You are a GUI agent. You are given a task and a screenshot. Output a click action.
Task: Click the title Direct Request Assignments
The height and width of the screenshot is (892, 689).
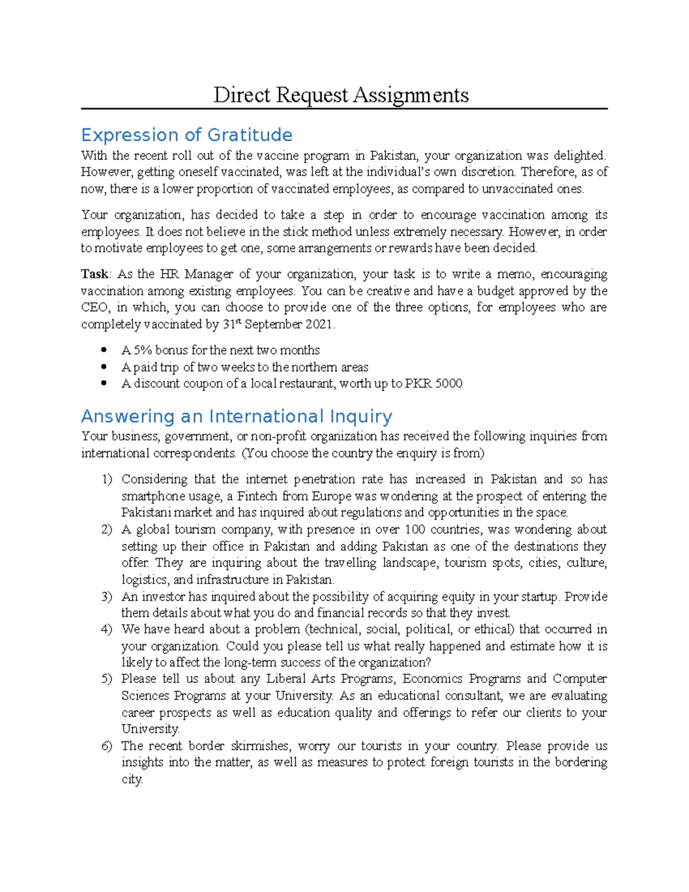pos(341,95)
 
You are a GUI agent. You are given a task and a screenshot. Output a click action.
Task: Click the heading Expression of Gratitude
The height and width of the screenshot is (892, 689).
pos(187,135)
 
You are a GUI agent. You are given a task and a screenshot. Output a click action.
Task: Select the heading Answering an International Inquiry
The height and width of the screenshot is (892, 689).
pos(237,416)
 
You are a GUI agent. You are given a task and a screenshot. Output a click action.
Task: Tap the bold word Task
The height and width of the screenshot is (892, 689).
pos(94,274)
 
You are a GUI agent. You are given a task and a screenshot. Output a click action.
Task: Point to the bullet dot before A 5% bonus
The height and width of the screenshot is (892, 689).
pos(104,350)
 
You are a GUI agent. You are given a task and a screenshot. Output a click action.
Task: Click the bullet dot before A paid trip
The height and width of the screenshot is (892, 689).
pos(104,367)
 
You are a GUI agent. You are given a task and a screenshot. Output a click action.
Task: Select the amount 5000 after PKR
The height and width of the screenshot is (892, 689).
pos(449,384)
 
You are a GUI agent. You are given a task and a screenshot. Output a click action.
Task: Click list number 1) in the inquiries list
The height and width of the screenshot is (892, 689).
pos(107,480)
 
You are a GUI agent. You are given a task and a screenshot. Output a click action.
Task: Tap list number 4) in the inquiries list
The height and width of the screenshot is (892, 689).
pos(107,630)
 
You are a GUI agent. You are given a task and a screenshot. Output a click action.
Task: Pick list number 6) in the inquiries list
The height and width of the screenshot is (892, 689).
pos(107,746)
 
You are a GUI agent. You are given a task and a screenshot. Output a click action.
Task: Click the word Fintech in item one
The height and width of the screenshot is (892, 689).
pos(257,496)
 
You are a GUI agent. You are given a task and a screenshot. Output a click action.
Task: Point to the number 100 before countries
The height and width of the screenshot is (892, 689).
pos(415,530)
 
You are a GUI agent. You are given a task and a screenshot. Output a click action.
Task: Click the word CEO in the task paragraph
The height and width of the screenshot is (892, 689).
pos(94,307)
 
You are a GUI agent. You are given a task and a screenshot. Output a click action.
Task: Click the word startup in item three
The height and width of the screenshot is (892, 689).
pos(540,597)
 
